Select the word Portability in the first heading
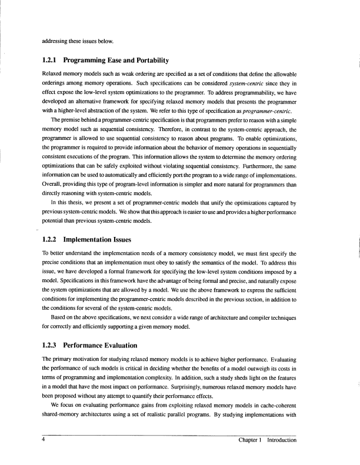pyautogui.click(x=149, y=61)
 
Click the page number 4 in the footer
pyautogui.click(x=43, y=440)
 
